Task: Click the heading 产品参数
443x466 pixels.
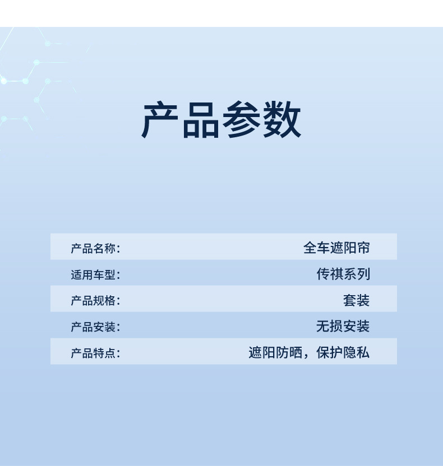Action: (x=221, y=120)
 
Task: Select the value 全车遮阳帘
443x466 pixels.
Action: (x=336, y=248)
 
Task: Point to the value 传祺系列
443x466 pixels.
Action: (x=343, y=274)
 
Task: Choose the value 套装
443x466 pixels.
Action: (x=357, y=300)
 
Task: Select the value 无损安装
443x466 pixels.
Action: (x=343, y=326)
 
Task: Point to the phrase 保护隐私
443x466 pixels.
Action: (x=343, y=352)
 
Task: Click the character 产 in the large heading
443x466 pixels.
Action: (x=160, y=120)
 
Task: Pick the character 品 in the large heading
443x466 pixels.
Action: (x=200, y=120)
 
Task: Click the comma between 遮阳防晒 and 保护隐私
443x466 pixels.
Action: (x=306, y=356)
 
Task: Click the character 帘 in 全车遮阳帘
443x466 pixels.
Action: (x=363, y=248)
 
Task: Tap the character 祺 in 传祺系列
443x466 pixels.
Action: (x=336, y=274)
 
